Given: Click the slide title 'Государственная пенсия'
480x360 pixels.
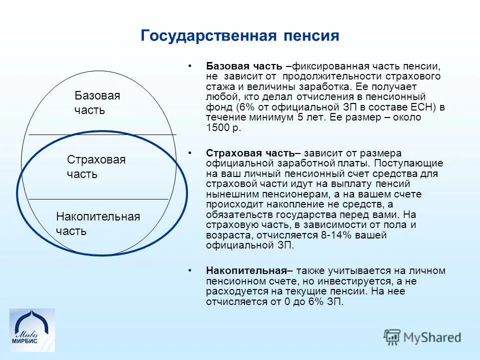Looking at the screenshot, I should coord(240,35).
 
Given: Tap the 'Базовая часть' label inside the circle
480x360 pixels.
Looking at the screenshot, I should coord(97,102).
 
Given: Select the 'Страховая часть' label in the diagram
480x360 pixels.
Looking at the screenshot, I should coord(96,166).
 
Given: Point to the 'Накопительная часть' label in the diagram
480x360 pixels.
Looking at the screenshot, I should coord(97,223).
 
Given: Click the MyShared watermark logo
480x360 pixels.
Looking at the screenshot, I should coord(422,337).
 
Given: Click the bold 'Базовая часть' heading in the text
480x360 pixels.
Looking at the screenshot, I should coord(244,66).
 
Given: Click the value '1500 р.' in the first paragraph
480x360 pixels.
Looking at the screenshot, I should coord(223,127).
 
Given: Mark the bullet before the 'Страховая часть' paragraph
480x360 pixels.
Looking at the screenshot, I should coord(190,153).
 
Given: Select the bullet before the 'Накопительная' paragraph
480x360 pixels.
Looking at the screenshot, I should coord(190,270).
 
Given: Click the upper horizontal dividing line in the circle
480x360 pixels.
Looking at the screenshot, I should coord(102,134).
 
